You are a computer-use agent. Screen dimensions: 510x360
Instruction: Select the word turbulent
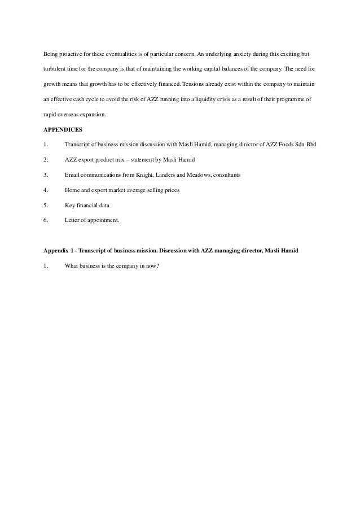click(x=56, y=71)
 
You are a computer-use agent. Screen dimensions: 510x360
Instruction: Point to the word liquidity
click(x=208, y=101)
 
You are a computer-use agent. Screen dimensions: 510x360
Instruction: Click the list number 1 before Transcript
click(x=45, y=145)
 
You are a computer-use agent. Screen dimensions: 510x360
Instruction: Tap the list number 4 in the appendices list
click(x=45, y=190)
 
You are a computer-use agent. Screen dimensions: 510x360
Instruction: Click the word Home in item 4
click(x=73, y=190)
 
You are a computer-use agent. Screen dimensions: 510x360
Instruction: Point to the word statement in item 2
click(x=131, y=160)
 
